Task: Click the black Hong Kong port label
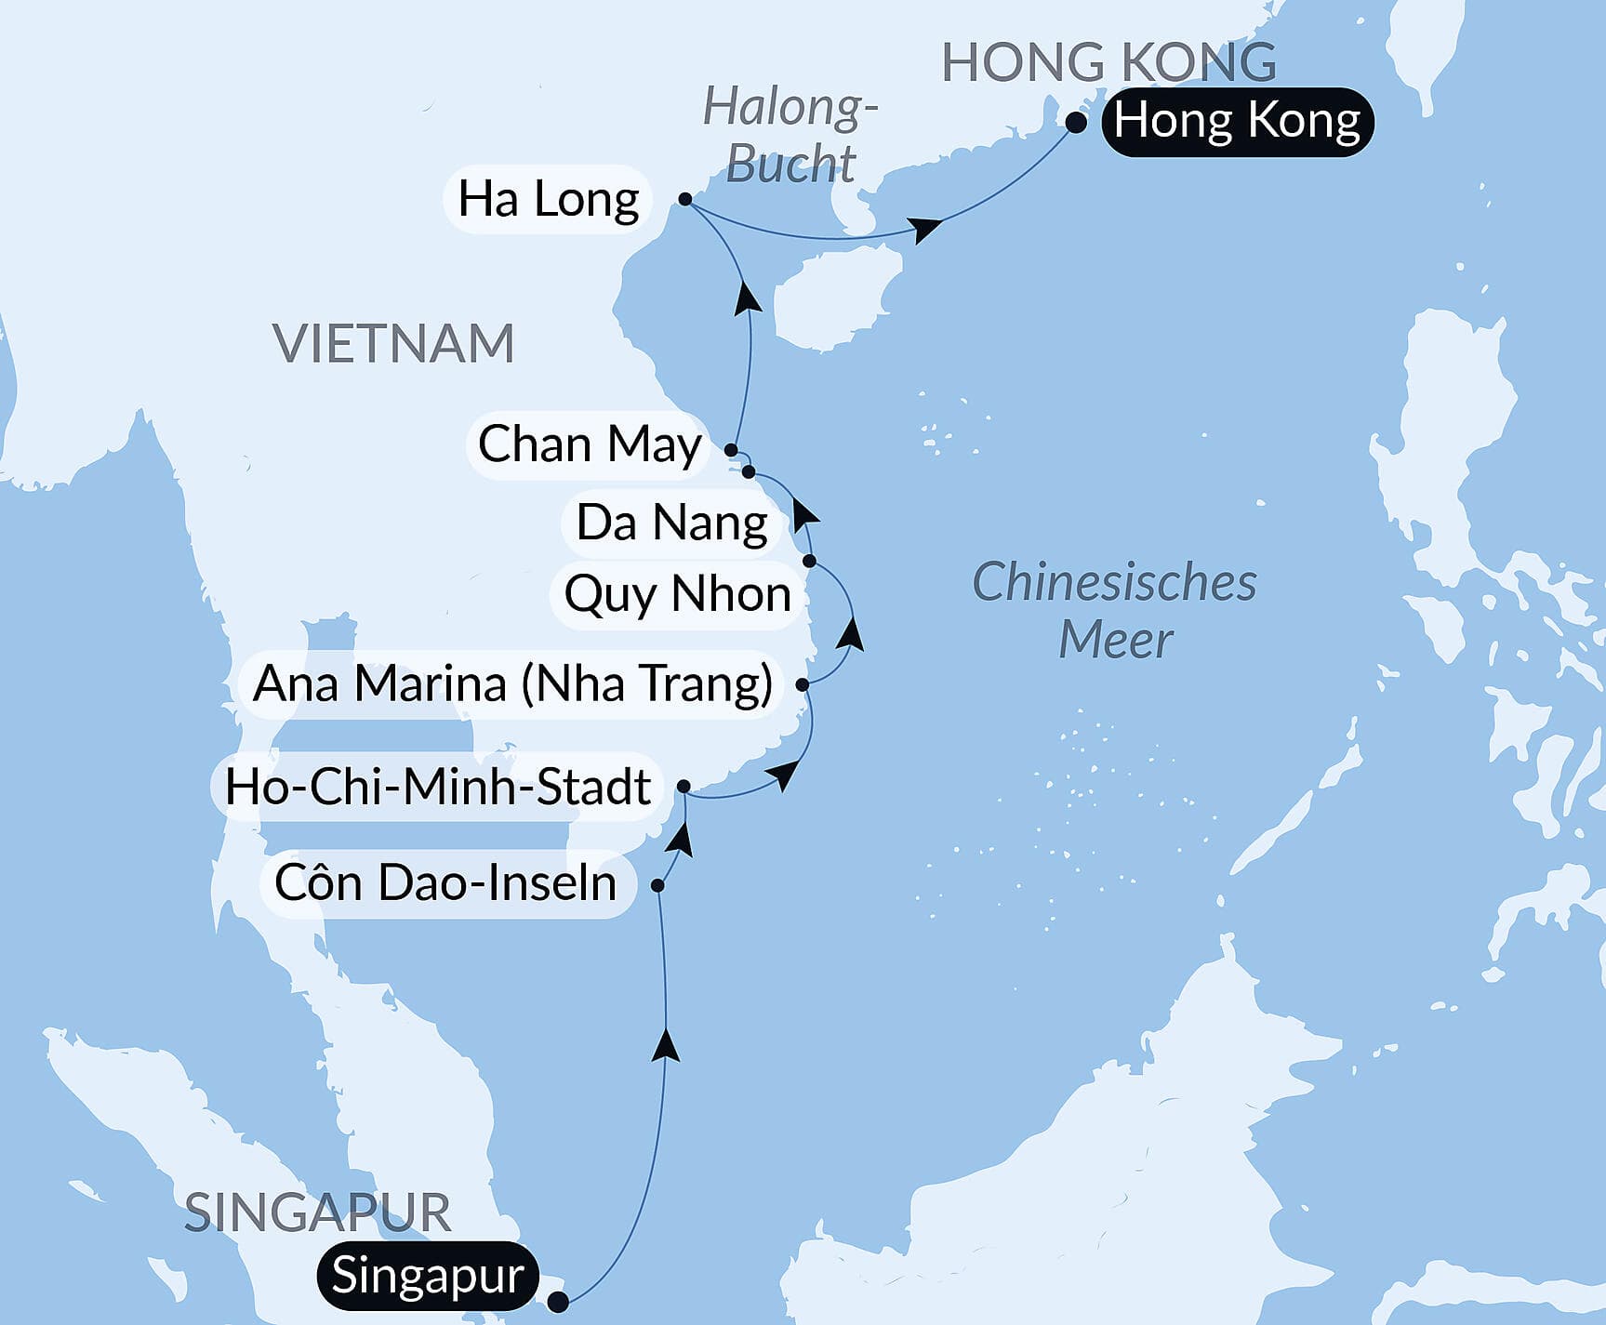(1237, 122)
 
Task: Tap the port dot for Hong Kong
(1076, 123)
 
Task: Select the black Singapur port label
(427, 1275)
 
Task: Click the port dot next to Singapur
(558, 1301)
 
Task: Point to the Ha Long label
(548, 199)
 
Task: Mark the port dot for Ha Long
(685, 199)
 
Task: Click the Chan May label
(589, 444)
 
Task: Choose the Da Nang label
(671, 523)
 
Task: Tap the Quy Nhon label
(677, 594)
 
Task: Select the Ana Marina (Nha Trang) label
(512, 684)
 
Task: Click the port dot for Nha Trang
(803, 685)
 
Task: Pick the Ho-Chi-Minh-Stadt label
(437, 787)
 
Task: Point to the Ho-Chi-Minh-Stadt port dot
(684, 787)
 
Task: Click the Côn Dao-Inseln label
(445, 883)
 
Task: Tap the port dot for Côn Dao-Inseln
(657, 885)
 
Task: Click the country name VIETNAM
(393, 344)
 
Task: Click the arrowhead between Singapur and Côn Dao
(666, 1045)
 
